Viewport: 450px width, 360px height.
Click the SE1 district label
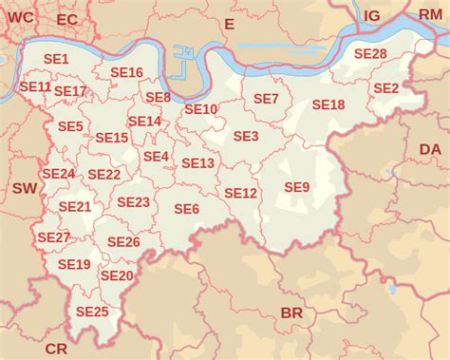(57, 59)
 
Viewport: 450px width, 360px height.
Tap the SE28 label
(370, 54)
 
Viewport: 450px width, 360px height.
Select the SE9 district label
(297, 187)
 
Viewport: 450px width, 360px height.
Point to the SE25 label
(92, 311)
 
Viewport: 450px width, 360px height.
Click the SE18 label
(328, 104)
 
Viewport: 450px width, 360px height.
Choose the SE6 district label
(186, 209)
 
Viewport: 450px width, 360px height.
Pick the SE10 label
(201, 109)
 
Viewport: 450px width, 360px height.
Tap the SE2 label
(386, 87)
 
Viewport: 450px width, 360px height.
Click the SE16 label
(126, 72)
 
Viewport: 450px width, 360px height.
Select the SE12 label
(240, 193)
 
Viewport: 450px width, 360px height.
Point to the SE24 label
(58, 174)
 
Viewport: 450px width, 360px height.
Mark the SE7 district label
(266, 99)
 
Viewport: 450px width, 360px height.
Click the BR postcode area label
(291, 313)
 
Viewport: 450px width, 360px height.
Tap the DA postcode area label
(430, 149)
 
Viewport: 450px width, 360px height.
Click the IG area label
(371, 16)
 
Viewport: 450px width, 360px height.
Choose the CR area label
(56, 349)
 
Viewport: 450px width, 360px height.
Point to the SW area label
(25, 188)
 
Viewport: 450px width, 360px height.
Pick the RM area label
(429, 15)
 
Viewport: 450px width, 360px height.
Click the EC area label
(67, 19)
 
